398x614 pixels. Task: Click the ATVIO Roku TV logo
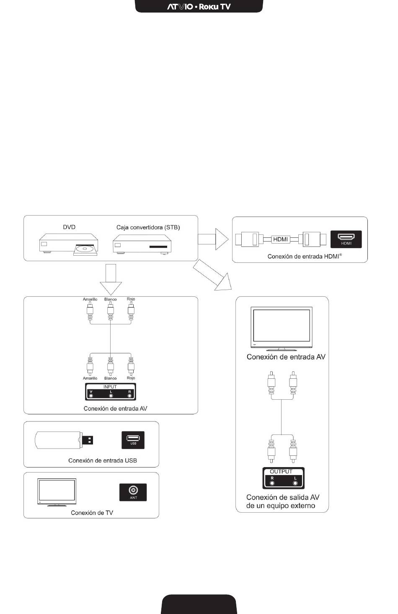(x=199, y=7)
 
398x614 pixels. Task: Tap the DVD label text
(x=69, y=227)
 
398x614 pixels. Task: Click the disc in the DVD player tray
(x=85, y=249)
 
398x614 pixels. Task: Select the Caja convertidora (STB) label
(x=148, y=227)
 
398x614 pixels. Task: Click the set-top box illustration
(x=142, y=244)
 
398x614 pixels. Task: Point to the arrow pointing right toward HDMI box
(x=213, y=239)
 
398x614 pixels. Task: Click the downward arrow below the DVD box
(x=111, y=279)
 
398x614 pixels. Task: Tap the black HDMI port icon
(x=346, y=239)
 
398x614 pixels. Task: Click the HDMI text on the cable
(x=280, y=239)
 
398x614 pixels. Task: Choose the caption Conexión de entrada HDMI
(x=305, y=256)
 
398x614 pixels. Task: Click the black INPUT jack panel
(x=111, y=391)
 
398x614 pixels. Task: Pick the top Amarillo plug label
(x=90, y=299)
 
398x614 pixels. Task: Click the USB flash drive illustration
(x=64, y=440)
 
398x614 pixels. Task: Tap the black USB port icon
(x=133, y=440)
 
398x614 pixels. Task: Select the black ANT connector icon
(x=133, y=492)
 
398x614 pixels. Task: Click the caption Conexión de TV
(x=92, y=513)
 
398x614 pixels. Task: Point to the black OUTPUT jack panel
(x=283, y=478)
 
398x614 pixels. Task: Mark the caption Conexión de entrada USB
(x=103, y=460)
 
